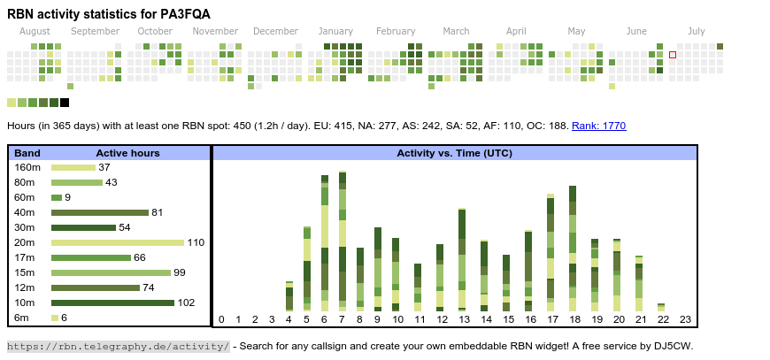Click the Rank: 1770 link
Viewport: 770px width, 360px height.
click(598, 126)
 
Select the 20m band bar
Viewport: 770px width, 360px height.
click(118, 242)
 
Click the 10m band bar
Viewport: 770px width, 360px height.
click(112, 303)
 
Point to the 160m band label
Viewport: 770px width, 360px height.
click(27, 167)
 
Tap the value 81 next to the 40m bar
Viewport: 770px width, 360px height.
click(158, 212)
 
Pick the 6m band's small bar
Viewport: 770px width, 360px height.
click(55, 318)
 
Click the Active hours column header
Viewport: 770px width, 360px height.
click(127, 153)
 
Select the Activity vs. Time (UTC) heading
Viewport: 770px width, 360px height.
click(454, 153)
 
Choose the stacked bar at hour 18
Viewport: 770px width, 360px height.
click(573, 248)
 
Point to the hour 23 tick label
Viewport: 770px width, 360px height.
click(685, 319)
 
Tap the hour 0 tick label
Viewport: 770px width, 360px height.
click(221, 319)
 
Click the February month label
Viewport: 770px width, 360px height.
click(395, 31)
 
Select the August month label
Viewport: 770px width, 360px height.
click(35, 31)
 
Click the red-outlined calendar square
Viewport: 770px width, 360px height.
click(673, 55)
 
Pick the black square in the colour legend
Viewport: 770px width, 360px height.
click(65, 103)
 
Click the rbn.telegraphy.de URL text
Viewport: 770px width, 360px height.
click(119, 346)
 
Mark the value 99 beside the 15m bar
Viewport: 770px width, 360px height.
click(180, 272)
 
